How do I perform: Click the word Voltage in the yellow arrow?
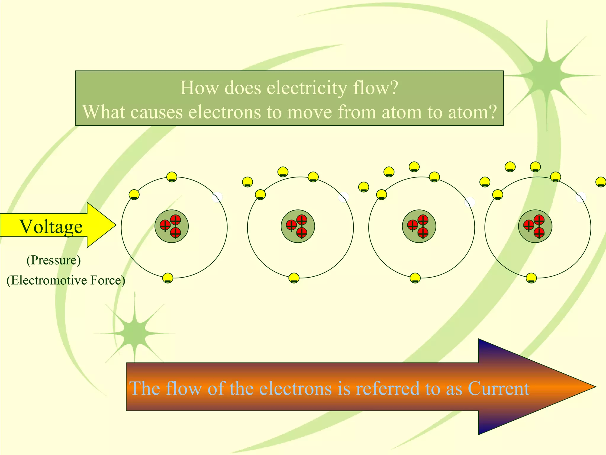pyautogui.click(x=51, y=227)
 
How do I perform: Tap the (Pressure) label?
pyautogui.click(x=54, y=260)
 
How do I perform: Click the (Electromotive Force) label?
pyautogui.click(x=66, y=280)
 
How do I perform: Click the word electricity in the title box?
pyautogui.click(x=307, y=88)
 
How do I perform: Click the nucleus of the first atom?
pyautogui.click(x=172, y=226)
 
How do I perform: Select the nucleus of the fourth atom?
pyautogui.click(x=535, y=226)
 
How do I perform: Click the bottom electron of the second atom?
pyautogui.click(x=294, y=278)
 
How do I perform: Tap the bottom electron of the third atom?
pyautogui.click(x=415, y=278)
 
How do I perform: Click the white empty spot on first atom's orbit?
pyautogui.click(x=217, y=197)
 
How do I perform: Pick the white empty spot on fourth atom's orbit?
pyautogui.click(x=581, y=197)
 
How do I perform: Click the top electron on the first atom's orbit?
pyautogui.click(x=172, y=177)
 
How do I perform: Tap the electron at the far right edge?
pyautogui.click(x=601, y=182)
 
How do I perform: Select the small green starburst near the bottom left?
pyautogui.click(x=135, y=333)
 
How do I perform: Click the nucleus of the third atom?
pyautogui.click(x=419, y=226)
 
